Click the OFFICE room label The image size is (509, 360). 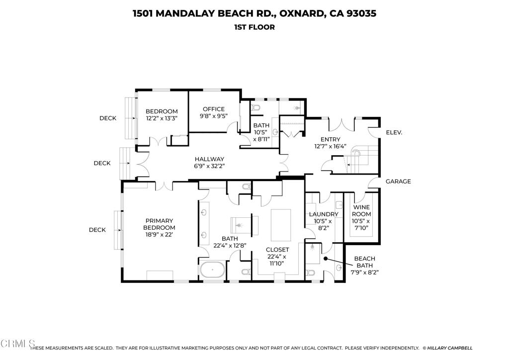coord(212,109)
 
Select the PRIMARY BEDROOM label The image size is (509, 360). coord(159,224)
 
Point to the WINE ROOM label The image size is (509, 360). coord(361,210)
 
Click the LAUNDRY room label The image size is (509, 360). coord(324,214)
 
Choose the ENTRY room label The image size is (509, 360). coord(331,140)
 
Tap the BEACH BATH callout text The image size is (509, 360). coord(364,262)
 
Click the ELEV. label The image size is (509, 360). coord(394,133)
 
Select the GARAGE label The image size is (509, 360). coord(398,181)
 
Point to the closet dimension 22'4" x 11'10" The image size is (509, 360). coord(277,260)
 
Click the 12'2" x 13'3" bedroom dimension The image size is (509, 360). coord(162,118)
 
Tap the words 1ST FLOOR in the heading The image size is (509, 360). coord(254,27)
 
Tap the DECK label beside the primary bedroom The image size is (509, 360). coord(97,230)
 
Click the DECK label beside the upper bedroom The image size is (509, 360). coord(107,118)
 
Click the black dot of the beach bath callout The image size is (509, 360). coord(325,259)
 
